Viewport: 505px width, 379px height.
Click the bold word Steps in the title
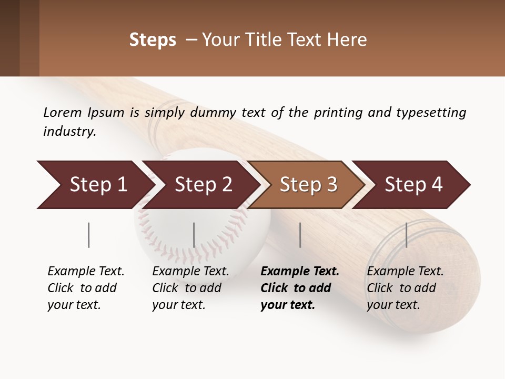coord(153,40)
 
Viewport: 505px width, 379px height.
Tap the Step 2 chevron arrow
coord(203,184)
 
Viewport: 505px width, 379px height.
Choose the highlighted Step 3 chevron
coord(308,184)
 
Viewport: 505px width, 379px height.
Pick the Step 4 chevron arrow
coord(413,184)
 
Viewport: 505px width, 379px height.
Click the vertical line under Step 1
coord(89,235)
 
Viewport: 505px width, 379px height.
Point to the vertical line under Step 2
coord(194,235)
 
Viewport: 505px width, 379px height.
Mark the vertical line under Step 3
coord(300,235)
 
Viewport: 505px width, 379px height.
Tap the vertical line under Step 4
coord(406,235)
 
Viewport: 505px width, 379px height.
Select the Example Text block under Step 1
coord(85,288)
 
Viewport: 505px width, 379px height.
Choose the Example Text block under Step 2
coord(190,288)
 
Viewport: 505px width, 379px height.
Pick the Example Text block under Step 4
coord(405,288)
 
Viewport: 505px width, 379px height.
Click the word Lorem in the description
coord(63,112)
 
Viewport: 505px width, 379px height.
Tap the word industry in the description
coord(69,132)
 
